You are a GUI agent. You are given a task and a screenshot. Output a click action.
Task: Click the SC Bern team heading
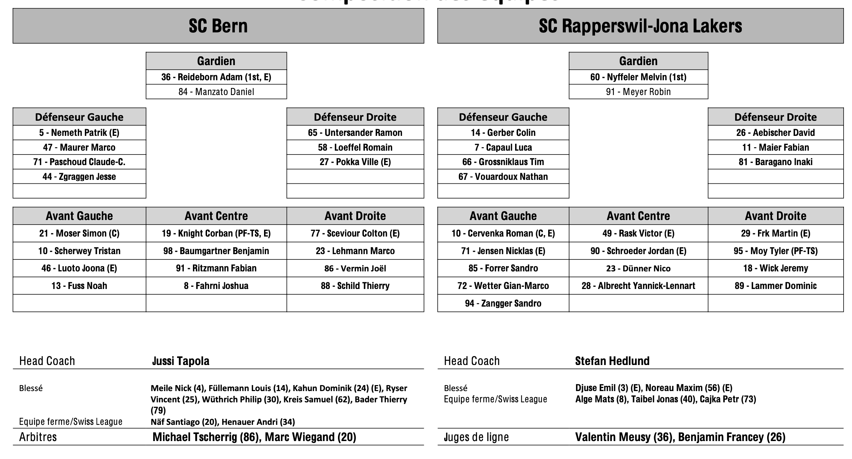218,26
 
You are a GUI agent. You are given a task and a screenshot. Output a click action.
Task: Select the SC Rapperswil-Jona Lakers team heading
640,26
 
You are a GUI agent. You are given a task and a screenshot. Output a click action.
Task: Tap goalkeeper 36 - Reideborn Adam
216,77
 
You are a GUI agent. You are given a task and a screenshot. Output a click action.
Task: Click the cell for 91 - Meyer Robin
638,92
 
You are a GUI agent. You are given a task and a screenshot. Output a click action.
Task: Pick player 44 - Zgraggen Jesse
79,177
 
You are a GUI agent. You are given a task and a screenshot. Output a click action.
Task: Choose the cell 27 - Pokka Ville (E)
355,162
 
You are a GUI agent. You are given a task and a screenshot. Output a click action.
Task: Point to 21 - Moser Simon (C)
79,233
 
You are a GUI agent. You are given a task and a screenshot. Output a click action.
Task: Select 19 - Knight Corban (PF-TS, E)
216,233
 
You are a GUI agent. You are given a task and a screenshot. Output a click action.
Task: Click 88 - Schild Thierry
355,286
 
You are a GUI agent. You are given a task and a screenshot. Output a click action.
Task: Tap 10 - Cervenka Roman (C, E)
503,233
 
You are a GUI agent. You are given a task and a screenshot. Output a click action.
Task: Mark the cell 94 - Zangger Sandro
503,303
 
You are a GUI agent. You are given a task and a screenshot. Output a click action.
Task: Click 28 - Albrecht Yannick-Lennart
638,286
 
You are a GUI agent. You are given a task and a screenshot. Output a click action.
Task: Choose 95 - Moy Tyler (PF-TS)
775,251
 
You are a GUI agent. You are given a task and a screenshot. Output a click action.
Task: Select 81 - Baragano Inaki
775,162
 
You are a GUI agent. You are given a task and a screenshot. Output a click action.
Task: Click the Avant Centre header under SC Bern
216,216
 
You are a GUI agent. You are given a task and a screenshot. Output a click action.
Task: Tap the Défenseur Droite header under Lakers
775,117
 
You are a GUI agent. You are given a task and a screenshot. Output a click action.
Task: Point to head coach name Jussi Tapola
181,361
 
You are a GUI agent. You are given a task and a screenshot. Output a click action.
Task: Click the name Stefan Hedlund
612,361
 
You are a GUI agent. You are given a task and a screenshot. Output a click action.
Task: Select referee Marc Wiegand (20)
310,437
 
